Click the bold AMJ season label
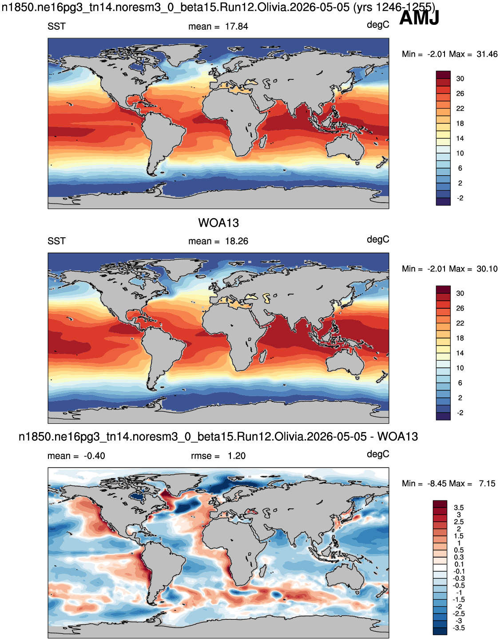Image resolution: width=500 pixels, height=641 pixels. [419, 18]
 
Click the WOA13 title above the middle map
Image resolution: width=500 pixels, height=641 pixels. [218, 223]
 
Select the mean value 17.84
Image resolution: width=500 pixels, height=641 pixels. [236, 27]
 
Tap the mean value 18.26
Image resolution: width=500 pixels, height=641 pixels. [236, 241]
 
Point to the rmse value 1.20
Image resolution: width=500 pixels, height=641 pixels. [236, 456]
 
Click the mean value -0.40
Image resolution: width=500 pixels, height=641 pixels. [94, 456]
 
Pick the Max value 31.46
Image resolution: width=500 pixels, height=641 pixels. [487, 54]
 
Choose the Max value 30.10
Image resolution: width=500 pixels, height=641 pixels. [487, 269]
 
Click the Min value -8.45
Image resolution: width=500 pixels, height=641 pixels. [437, 484]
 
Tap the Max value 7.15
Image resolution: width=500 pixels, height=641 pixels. [487, 484]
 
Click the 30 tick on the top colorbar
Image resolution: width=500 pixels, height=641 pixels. [460, 79]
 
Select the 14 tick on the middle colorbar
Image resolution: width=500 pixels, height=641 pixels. [460, 353]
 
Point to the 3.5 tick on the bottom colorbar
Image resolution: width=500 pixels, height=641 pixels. [459, 507]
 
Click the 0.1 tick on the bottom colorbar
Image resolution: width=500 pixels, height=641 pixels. [459, 564]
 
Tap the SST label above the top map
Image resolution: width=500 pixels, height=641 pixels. [56, 27]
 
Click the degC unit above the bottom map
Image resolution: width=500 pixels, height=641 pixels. [378, 455]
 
